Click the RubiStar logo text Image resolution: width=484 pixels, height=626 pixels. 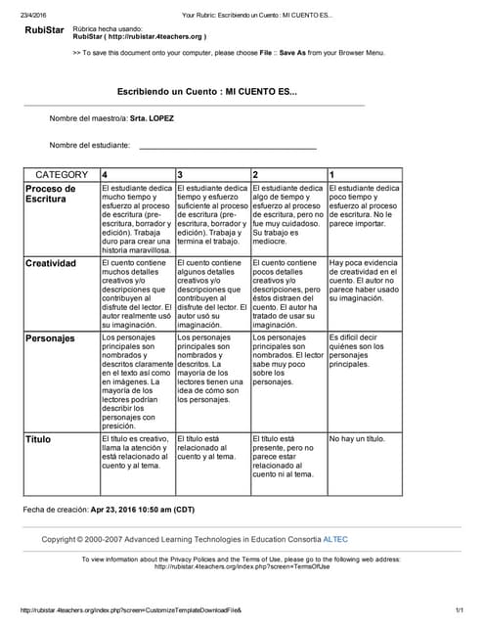[46, 32]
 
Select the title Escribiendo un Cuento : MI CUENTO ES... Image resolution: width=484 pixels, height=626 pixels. [207, 91]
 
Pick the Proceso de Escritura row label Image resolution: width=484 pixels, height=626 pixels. [51, 194]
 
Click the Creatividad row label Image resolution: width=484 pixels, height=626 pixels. [51, 264]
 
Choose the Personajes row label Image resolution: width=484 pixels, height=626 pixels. [50, 338]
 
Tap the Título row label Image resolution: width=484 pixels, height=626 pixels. [38, 440]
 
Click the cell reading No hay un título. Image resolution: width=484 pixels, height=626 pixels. [357, 439]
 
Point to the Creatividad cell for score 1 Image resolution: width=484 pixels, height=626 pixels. [364, 280]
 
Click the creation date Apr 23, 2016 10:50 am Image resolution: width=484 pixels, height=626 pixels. [137, 511]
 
